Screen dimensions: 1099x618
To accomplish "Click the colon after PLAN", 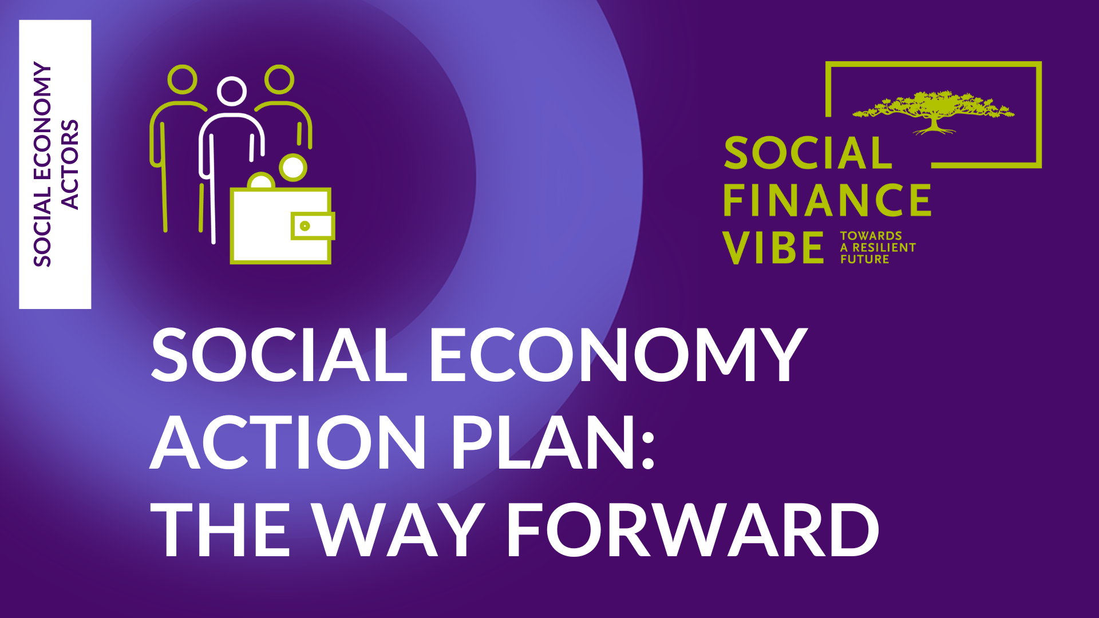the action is (x=647, y=449).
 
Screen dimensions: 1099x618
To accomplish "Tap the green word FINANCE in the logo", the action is (x=827, y=200).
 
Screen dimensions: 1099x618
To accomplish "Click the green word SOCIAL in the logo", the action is (x=808, y=153).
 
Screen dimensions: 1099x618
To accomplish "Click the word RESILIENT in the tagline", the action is (x=884, y=248).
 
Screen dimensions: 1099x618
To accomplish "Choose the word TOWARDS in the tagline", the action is (x=871, y=236).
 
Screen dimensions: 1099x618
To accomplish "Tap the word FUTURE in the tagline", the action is (x=864, y=259).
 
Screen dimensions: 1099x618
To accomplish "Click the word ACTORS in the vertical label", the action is (x=69, y=165).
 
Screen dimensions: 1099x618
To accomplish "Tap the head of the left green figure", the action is (x=183, y=80).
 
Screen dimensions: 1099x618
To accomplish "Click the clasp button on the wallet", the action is (x=305, y=226).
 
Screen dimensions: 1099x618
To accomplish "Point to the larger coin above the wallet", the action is (x=293, y=167).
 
